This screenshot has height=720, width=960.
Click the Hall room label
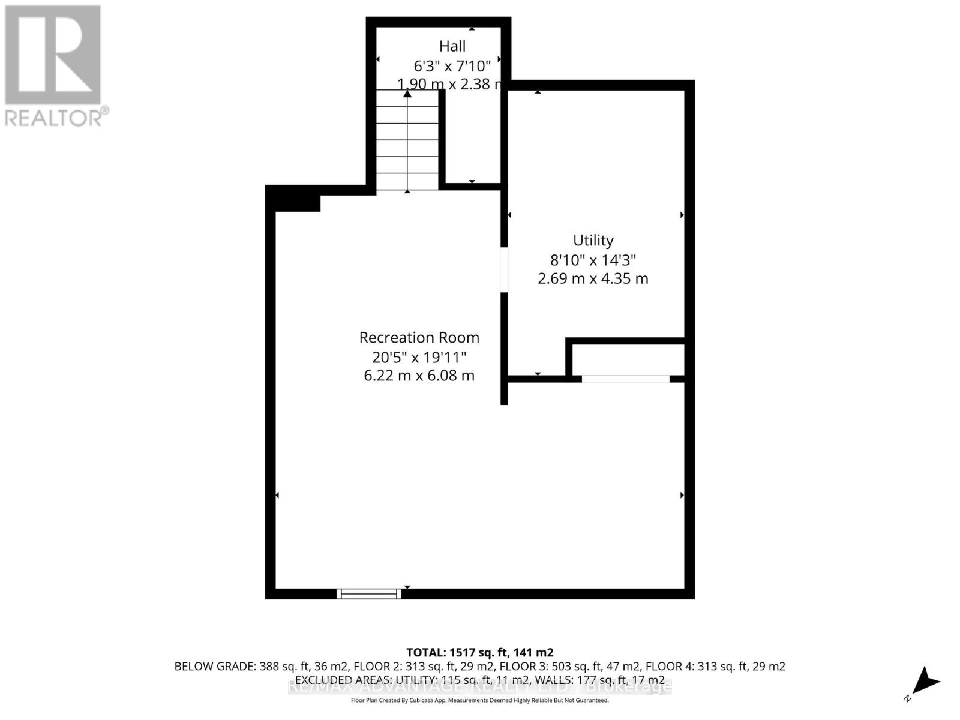click(x=452, y=46)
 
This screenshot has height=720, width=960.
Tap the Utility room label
click(x=593, y=240)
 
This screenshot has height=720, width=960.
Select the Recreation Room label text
click(x=419, y=337)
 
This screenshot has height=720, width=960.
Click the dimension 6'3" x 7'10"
click(x=452, y=65)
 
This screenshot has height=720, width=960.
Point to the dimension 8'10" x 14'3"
click(x=593, y=260)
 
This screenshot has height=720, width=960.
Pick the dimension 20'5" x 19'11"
click(x=419, y=357)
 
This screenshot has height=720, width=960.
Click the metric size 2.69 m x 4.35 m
click(x=593, y=278)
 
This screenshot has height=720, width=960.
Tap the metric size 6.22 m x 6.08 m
click(x=419, y=376)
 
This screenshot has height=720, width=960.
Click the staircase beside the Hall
click(x=407, y=140)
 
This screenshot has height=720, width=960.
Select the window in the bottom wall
click(x=368, y=593)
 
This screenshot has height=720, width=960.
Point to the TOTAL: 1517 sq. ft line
click(x=479, y=652)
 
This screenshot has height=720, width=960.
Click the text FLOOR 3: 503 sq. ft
click(x=557, y=667)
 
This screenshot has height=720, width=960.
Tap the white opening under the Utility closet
click(x=625, y=379)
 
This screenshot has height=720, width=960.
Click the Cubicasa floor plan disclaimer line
click(x=479, y=700)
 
